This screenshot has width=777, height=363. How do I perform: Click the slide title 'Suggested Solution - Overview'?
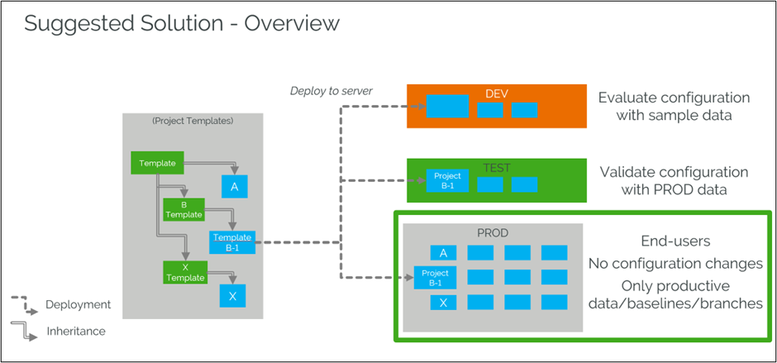[x=182, y=22]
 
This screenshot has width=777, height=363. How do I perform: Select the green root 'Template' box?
[x=157, y=163]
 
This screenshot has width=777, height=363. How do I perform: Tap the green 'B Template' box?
[x=184, y=209]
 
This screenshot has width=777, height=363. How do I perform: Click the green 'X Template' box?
[x=184, y=272]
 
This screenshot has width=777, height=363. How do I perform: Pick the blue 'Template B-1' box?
[x=232, y=242]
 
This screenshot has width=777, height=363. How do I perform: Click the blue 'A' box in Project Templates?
[x=234, y=188]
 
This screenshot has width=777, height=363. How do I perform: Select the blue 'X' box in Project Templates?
[x=233, y=296]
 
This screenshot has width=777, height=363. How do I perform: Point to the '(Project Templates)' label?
[x=193, y=121]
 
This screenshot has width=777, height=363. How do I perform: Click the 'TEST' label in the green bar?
[x=497, y=168]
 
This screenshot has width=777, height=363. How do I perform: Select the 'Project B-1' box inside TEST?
[x=447, y=181]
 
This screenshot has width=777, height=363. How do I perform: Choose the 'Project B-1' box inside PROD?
[x=435, y=278]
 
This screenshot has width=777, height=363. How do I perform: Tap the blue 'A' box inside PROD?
[x=443, y=253]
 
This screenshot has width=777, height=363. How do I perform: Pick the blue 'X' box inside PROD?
[x=443, y=303]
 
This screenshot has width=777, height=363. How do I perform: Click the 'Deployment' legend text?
[x=79, y=304]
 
